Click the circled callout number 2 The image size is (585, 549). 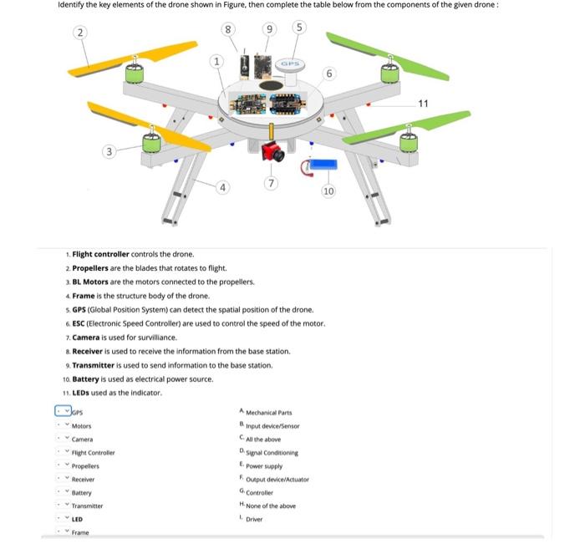click(x=79, y=32)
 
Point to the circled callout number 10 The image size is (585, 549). click(x=328, y=191)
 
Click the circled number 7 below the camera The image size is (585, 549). click(x=269, y=182)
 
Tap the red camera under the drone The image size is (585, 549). click(x=271, y=152)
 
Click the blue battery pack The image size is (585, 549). click(x=323, y=164)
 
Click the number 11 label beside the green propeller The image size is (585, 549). click(x=423, y=104)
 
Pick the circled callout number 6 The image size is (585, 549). click(x=329, y=74)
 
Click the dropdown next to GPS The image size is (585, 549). click(x=64, y=411)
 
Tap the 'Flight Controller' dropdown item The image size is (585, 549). click(x=94, y=452)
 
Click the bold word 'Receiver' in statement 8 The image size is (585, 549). click(x=91, y=352)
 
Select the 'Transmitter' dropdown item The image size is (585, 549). click(x=88, y=506)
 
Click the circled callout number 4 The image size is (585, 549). click(x=221, y=186)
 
